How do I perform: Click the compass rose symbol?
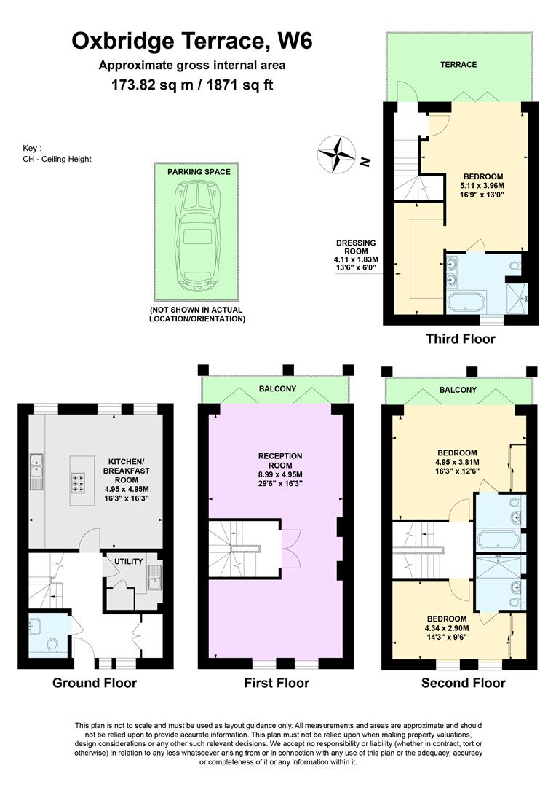point(337,154)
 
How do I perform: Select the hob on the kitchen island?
point(79,482)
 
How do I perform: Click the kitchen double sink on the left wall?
point(37,471)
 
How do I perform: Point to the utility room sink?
point(154,576)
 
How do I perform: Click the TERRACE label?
point(458,65)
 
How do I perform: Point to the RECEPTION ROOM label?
point(280,461)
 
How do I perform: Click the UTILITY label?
point(129,561)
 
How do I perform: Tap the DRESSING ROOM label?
point(356,247)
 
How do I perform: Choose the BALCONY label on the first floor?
point(277,388)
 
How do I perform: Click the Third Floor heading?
point(460,339)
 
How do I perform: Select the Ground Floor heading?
point(95,683)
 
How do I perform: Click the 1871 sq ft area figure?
point(242,85)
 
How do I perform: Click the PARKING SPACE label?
point(199,172)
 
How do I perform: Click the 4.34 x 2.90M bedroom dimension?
point(447,628)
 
